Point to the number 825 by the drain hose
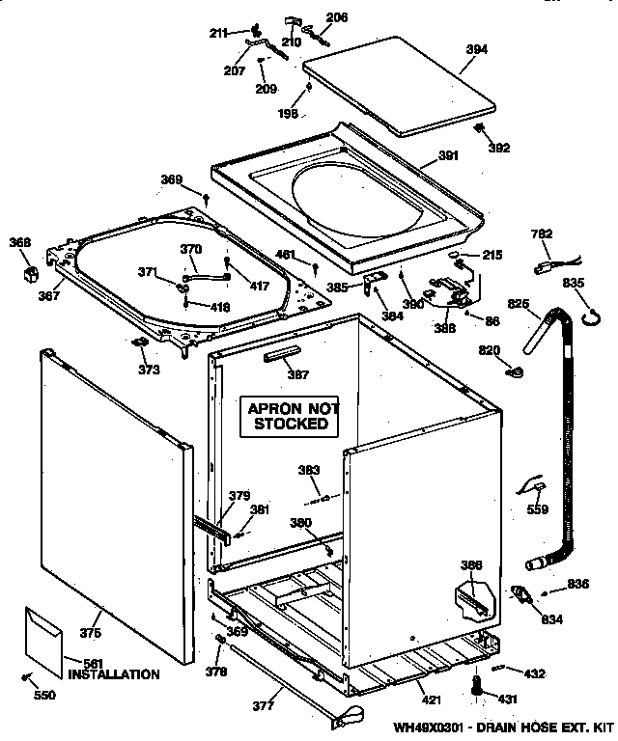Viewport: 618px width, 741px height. (x=519, y=304)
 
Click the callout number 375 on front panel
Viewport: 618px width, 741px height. (x=90, y=633)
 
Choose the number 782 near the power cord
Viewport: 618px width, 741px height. (x=543, y=233)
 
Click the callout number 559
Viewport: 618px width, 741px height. (x=536, y=509)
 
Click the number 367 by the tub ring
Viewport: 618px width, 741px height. (x=49, y=297)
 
